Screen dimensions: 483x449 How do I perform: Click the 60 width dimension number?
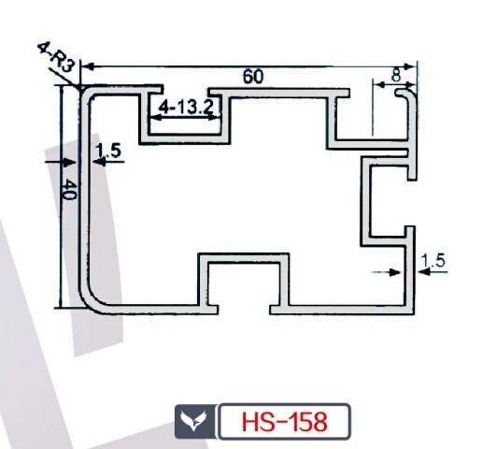[253, 77]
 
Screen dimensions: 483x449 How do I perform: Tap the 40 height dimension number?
[69, 190]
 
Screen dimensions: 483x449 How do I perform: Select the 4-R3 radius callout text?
[57, 58]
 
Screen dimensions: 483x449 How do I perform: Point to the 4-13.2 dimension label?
[186, 108]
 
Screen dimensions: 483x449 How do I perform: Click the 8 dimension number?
[395, 76]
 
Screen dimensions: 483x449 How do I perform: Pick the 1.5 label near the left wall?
[108, 151]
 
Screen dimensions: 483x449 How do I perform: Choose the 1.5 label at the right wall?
[433, 261]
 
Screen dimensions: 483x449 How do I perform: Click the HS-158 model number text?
[284, 422]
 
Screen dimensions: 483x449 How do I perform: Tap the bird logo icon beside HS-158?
[193, 422]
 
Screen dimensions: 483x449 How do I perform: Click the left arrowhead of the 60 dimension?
[89, 66]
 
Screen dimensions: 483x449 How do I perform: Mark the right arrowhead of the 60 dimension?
[409, 66]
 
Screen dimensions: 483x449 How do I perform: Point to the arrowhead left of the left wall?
[70, 162]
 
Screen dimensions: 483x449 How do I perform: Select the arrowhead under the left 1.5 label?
[99, 162]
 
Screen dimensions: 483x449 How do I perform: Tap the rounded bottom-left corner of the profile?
[91, 299]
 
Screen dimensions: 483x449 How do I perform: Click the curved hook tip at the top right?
[399, 93]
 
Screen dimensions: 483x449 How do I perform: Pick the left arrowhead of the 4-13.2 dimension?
[155, 117]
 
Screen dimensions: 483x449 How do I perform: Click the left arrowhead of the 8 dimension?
[379, 84]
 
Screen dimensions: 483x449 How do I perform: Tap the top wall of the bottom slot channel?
[244, 258]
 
